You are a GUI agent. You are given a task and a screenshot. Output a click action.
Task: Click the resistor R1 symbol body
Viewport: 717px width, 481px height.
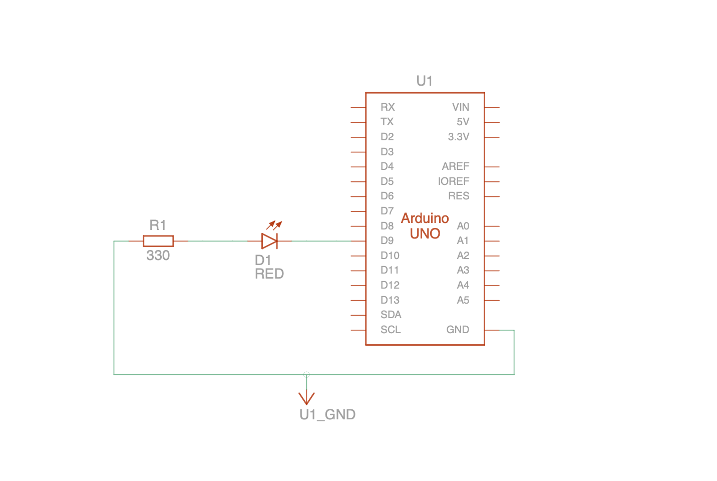pyautogui.click(x=158, y=241)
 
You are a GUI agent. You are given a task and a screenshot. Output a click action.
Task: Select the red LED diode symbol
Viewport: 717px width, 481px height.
pyautogui.click(x=269, y=241)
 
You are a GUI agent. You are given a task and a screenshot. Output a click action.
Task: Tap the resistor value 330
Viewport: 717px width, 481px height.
pyautogui.click(x=158, y=256)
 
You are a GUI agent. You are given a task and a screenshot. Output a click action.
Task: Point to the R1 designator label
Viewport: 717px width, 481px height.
pyautogui.click(x=158, y=225)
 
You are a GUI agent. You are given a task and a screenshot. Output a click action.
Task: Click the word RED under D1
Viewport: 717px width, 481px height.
pyautogui.click(x=269, y=274)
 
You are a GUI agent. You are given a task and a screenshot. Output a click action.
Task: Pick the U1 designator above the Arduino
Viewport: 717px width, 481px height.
pyautogui.click(x=425, y=81)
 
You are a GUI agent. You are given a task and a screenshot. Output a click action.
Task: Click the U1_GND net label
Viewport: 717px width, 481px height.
pyautogui.click(x=327, y=415)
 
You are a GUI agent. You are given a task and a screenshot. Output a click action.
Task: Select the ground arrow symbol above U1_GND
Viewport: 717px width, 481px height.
pyautogui.click(x=306, y=397)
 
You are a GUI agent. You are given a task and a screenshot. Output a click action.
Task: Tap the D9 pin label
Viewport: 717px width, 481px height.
pyautogui.click(x=387, y=241)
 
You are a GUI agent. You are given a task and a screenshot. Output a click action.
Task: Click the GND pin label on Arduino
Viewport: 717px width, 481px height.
pyautogui.click(x=458, y=330)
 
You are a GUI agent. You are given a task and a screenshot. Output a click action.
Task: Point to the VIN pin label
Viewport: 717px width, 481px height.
pyautogui.click(x=461, y=107)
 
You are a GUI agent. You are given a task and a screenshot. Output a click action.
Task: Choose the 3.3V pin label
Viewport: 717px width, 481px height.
pyautogui.click(x=459, y=137)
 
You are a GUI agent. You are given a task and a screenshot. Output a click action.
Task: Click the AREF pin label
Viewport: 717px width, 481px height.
pyautogui.click(x=456, y=166)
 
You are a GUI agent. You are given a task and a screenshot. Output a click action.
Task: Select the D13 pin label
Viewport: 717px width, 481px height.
pyautogui.click(x=390, y=300)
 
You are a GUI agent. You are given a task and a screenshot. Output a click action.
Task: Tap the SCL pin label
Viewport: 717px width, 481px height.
pyautogui.click(x=391, y=330)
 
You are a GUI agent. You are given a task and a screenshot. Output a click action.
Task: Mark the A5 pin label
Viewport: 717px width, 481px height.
pyautogui.click(x=463, y=300)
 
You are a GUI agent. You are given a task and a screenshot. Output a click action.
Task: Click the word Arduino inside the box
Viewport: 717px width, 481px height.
pyautogui.click(x=425, y=218)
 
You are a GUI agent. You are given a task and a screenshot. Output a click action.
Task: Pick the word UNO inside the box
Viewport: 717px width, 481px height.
pyautogui.click(x=425, y=233)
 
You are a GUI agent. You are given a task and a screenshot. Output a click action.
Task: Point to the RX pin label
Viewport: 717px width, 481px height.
pyautogui.click(x=388, y=107)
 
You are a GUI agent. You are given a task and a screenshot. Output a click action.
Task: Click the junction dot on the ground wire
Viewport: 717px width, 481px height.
pyautogui.click(x=306, y=374)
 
